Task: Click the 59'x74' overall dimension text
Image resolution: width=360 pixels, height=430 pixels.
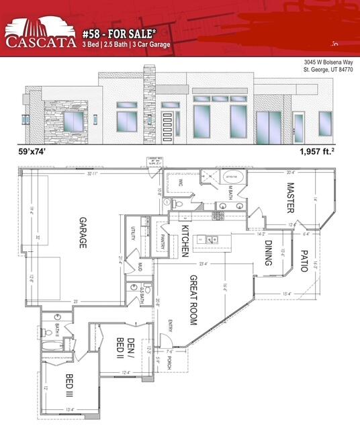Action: click(x=37, y=153)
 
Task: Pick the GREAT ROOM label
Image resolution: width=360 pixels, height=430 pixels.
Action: click(x=193, y=300)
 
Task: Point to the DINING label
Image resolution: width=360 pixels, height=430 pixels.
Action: click(x=269, y=253)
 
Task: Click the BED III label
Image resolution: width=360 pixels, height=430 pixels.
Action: click(x=69, y=386)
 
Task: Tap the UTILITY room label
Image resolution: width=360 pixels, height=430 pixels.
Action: click(x=132, y=238)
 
